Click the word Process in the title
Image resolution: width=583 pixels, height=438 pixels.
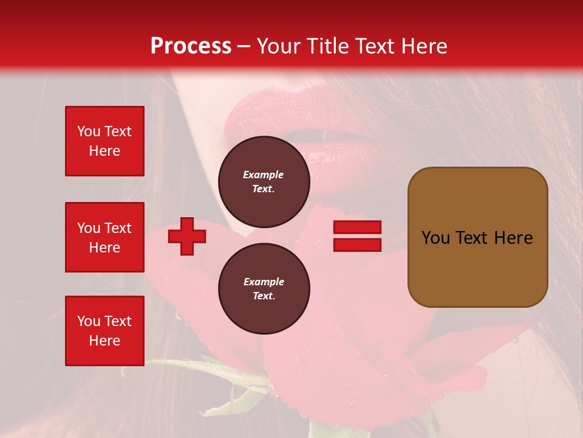(191, 46)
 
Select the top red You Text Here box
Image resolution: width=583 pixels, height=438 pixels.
(104, 141)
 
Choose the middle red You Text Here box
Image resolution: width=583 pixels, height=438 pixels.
(104, 237)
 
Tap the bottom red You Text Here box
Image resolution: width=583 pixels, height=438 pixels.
(104, 331)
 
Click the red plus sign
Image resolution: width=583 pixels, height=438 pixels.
(187, 236)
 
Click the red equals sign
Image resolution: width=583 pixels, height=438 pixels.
(357, 236)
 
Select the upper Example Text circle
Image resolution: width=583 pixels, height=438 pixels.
(264, 181)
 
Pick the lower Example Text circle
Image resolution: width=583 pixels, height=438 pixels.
(264, 288)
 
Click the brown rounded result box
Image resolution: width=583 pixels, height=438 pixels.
(477, 237)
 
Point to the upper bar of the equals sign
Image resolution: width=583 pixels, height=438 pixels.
(357, 227)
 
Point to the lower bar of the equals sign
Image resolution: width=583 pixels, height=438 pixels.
(357, 245)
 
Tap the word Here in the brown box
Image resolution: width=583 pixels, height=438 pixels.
(513, 238)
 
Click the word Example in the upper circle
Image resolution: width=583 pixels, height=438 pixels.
(264, 175)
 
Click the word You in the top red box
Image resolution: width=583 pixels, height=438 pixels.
(88, 131)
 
